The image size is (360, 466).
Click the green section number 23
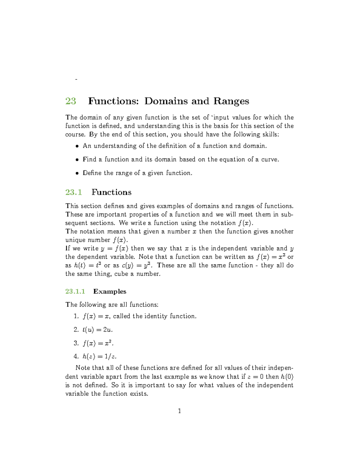point(71,101)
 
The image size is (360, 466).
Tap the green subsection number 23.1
point(73,192)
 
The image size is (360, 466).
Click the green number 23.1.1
point(75,291)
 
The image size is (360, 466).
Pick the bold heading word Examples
point(110,291)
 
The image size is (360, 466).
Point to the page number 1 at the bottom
point(179,411)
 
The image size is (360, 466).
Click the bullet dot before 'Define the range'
point(77,173)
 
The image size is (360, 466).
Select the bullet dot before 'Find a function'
point(77,160)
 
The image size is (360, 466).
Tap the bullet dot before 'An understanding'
point(77,146)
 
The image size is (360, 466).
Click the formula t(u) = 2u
point(97,330)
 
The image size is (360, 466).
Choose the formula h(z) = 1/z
point(100,356)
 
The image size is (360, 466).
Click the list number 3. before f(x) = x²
point(76,343)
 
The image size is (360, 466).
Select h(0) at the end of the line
point(287,377)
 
